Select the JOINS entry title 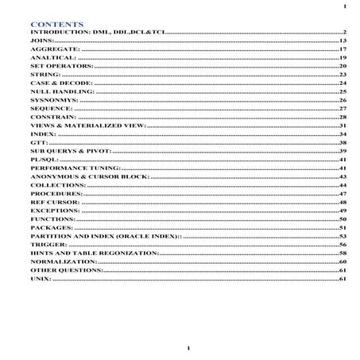pyautogui.click(x=41, y=40)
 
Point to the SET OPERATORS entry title pyautogui.click(x=63, y=66)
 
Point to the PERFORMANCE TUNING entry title pyautogui.click(x=75, y=168)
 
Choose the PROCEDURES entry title pyautogui.click(x=56, y=194)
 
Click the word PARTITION pyautogui.click(x=53, y=237)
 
